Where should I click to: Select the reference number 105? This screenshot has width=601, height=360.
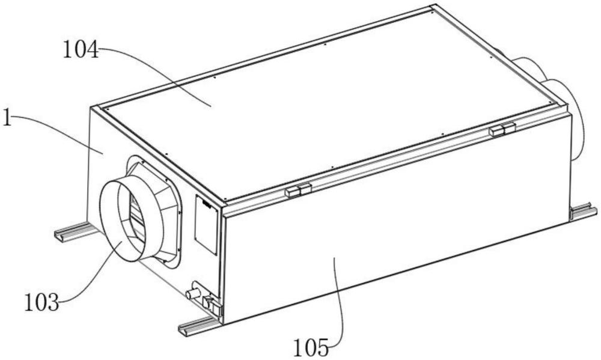pyautogui.click(x=311, y=347)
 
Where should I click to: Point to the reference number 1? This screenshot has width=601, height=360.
pyautogui.click(x=7, y=118)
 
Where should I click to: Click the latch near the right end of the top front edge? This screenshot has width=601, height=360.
pyautogui.click(x=502, y=129)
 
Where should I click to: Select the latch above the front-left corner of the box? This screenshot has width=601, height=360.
pyautogui.click(x=298, y=190)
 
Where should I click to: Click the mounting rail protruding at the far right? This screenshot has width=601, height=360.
pyautogui.click(x=584, y=212)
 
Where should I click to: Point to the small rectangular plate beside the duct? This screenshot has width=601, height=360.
pyautogui.click(x=206, y=224)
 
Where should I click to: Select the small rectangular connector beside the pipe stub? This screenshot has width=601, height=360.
pyautogui.click(x=212, y=304)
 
